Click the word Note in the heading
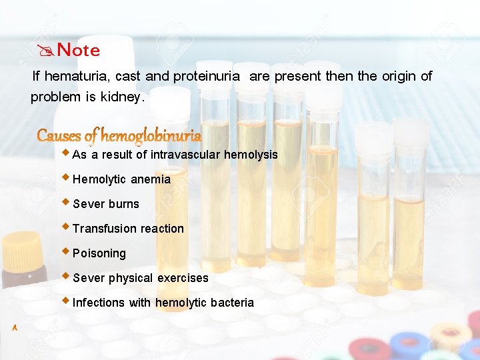pyautogui.click(x=79, y=50)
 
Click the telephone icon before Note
pyautogui.click(x=47, y=50)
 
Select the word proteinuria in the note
pyautogui.click(x=207, y=76)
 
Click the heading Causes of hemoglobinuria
pyautogui.click(x=119, y=136)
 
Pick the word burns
pyautogui.click(x=123, y=204)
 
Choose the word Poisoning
pyautogui.click(x=99, y=253)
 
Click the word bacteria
pyautogui.click(x=232, y=303)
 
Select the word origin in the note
pyautogui.click(x=399, y=76)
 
